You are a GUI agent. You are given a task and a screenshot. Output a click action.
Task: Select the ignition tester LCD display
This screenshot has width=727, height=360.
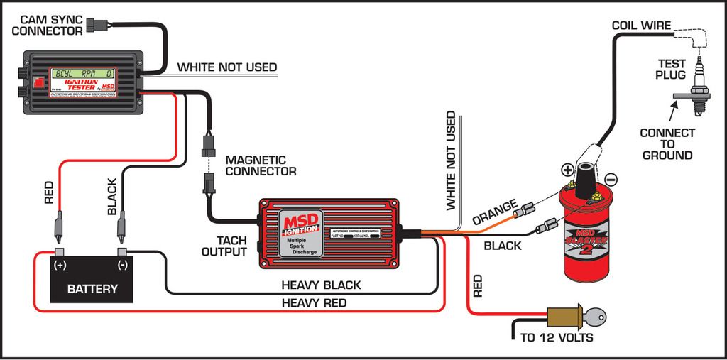(x=84, y=72)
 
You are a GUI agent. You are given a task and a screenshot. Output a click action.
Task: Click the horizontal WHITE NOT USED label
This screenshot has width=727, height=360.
(x=226, y=67)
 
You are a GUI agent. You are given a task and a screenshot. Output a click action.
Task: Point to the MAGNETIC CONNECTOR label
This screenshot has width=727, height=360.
(x=261, y=165)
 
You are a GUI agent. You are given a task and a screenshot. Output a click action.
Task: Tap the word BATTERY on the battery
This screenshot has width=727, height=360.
(x=92, y=289)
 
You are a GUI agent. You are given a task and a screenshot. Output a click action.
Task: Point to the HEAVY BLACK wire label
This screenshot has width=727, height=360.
(x=321, y=285)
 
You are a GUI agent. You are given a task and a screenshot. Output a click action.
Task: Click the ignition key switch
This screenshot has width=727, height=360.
(x=576, y=316)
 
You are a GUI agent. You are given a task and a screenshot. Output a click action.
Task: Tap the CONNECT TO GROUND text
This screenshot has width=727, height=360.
(x=667, y=144)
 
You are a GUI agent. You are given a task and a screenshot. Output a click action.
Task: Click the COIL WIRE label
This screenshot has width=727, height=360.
(x=642, y=26)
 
